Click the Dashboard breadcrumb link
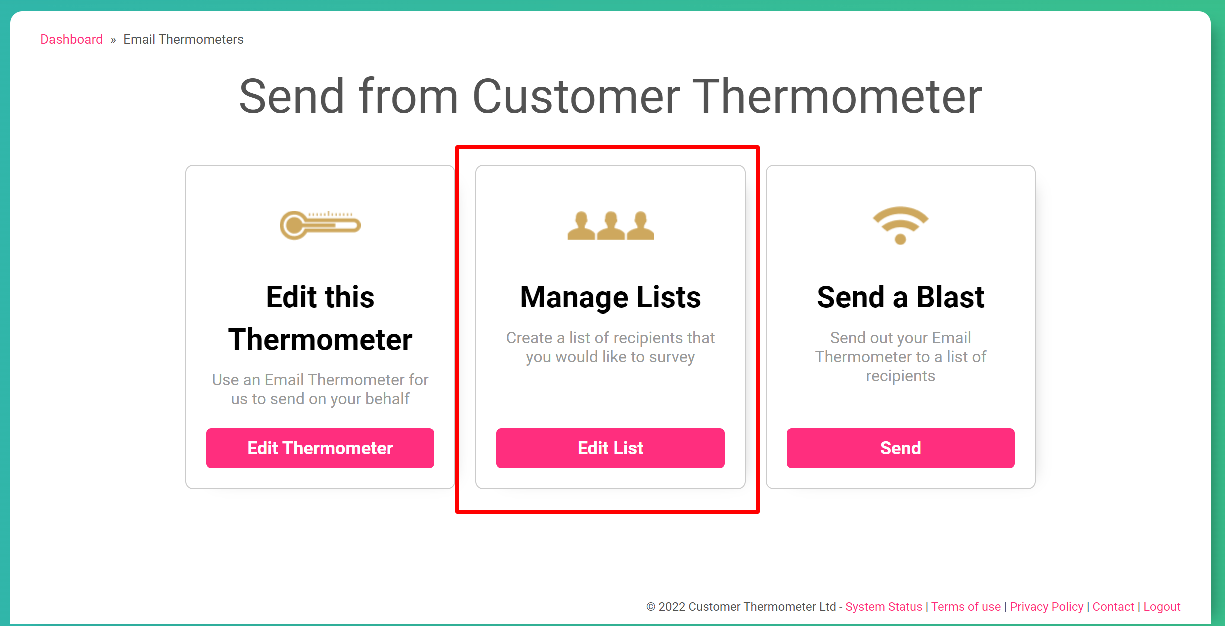click(71, 39)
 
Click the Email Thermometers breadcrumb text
click(183, 39)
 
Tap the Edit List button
click(610, 448)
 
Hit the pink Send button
click(900, 448)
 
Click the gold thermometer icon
click(320, 225)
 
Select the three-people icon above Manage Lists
click(610, 226)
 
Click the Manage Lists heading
click(610, 297)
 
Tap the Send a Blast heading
click(900, 297)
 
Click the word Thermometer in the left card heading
click(320, 340)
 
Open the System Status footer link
click(883, 607)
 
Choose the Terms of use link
click(966, 607)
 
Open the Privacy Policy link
click(1046, 607)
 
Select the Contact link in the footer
click(1113, 607)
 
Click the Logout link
click(1162, 607)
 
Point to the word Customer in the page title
click(576, 96)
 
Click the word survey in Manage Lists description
click(672, 357)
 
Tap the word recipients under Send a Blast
click(900, 376)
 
